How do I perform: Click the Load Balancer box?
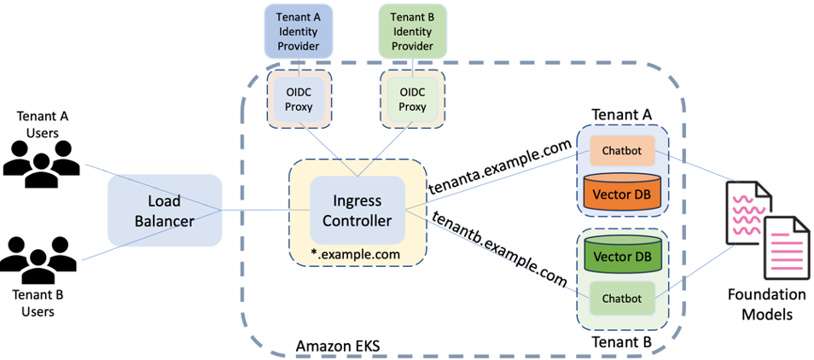tap(164, 211)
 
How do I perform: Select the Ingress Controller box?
tap(357, 210)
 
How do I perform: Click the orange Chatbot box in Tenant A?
tap(620, 150)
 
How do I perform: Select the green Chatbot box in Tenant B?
tap(620, 299)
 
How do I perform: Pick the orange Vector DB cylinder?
tap(620, 191)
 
